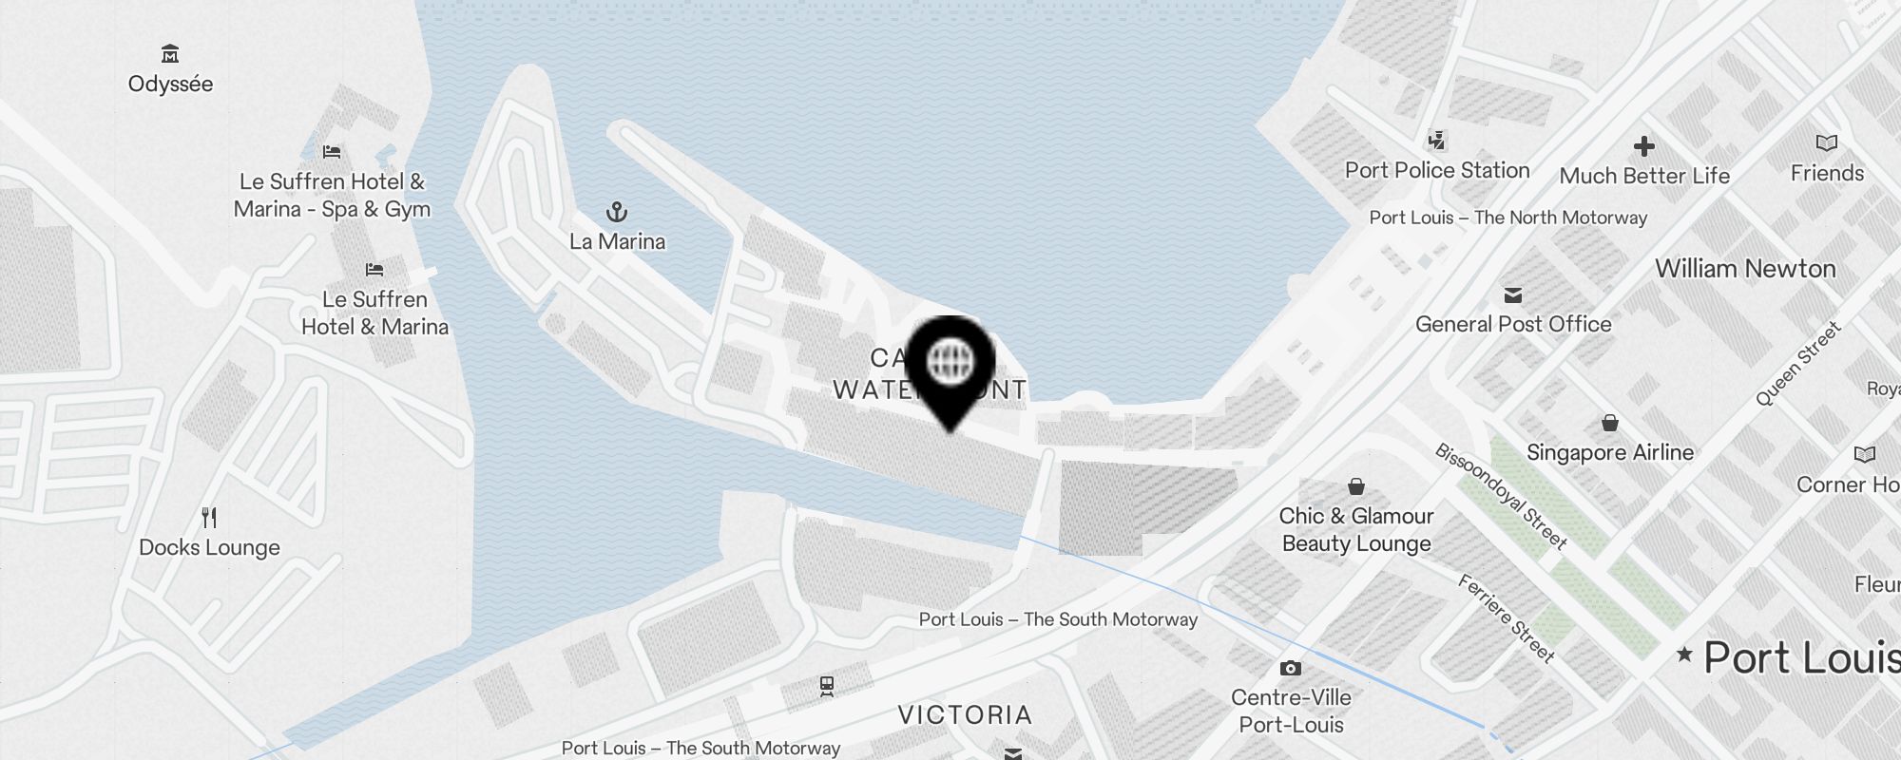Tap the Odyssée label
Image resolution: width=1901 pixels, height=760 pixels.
[170, 84]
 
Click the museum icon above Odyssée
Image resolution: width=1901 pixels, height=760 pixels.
[170, 53]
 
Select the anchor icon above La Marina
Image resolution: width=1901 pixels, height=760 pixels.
[617, 211]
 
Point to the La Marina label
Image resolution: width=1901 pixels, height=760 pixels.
[617, 241]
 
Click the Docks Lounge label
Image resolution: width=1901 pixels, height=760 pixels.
[209, 547]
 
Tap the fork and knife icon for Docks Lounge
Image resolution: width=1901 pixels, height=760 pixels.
[210, 518]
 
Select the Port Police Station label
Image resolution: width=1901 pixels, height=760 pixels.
[1437, 170]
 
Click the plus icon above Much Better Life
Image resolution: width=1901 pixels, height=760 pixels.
[1644, 146]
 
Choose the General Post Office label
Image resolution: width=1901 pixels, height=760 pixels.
[1513, 324]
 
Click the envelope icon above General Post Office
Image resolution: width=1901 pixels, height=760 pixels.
[1513, 295]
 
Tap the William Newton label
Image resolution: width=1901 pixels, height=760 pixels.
[1745, 269]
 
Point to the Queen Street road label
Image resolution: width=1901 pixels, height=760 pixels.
[1797, 364]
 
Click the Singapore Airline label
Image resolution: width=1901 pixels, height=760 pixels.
[1610, 452]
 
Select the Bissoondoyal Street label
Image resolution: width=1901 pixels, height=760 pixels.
[1501, 496]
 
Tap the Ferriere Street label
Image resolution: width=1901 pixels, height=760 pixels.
[1507, 618]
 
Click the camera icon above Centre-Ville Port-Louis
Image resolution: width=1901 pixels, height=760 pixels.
[1290, 669]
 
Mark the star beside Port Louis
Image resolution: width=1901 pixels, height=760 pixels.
[1684, 654]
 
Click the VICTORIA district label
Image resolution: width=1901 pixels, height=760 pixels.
[965, 714]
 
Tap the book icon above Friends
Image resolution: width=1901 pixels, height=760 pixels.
[1827, 143]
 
